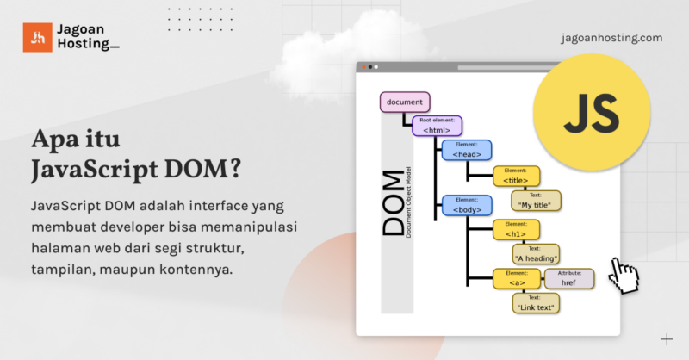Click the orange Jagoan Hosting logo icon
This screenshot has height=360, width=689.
(x=38, y=37)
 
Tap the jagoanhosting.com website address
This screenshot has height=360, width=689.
(x=611, y=38)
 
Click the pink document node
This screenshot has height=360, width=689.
(x=405, y=102)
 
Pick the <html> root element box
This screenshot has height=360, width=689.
(x=437, y=126)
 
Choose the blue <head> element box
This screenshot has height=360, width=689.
(x=467, y=151)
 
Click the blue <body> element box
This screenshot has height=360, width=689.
(x=467, y=205)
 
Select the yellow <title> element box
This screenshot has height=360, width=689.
(x=516, y=177)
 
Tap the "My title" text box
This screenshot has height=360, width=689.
(x=537, y=201)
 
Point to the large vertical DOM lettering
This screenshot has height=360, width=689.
(x=394, y=202)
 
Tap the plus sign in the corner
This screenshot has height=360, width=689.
(x=666, y=338)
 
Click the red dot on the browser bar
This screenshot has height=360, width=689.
(x=363, y=66)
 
